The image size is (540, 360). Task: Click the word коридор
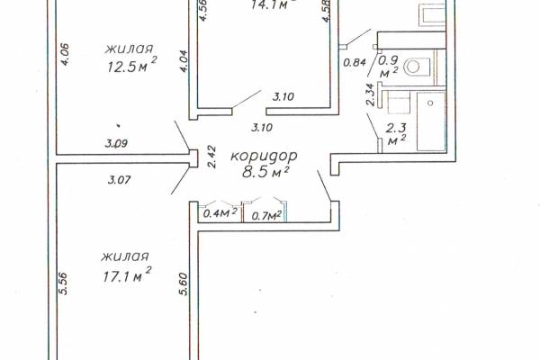(264, 157)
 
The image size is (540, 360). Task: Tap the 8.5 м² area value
(265, 172)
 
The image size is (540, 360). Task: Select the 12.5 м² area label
(132, 66)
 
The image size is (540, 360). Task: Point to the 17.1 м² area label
(127, 274)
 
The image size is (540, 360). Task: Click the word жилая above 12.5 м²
(129, 49)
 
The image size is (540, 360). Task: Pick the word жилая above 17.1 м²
(125, 257)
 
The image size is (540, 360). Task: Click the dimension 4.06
(65, 54)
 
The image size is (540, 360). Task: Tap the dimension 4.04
(184, 61)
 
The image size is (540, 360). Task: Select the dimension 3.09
(116, 143)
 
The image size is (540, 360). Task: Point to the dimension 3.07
(119, 179)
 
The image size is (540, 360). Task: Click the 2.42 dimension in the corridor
(211, 157)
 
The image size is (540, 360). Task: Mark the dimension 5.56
(63, 283)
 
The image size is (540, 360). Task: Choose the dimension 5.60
(184, 283)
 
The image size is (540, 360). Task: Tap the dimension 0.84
(355, 62)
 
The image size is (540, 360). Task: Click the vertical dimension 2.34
(370, 94)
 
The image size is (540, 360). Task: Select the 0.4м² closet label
(220, 213)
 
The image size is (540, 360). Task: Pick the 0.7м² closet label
(266, 215)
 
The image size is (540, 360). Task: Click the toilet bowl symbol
(417, 66)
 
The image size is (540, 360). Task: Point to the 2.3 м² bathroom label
(396, 133)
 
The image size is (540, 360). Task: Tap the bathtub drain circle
(430, 103)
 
